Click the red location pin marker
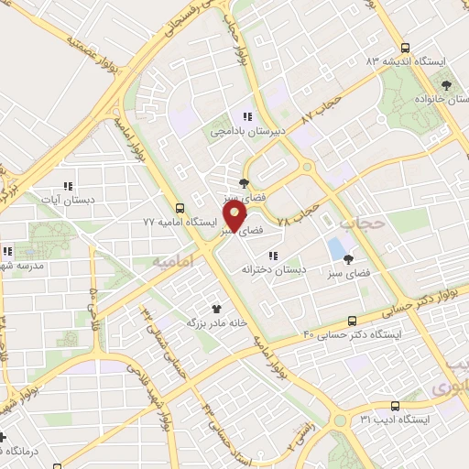(x=234, y=216)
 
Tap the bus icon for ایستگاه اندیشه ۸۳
(x=405, y=48)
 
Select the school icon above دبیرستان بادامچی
(x=246, y=116)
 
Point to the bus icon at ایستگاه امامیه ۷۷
(x=180, y=208)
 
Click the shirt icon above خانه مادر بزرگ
(x=217, y=309)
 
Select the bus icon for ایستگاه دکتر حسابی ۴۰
(x=353, y=321)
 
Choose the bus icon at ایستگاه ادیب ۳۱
(x=395, y=405)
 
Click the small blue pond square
(x=337, y=247)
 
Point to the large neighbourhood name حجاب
(x=357, y=223)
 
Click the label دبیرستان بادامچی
(x=246, y=133)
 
